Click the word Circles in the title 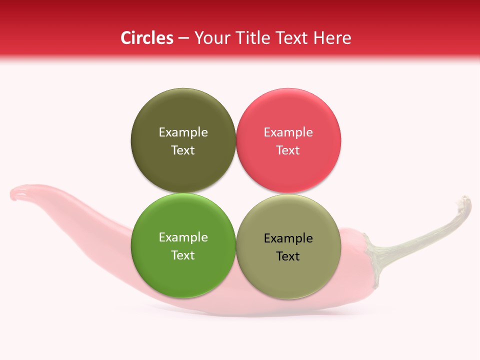[x=146, y=38]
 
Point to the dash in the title [x=183, y=38]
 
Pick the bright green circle [x=183, y=270]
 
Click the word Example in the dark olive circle [x=183, y=132]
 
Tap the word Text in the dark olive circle [x=183, y=150]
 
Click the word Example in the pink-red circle [x=288, y=132]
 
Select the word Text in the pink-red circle [x=288, y=150]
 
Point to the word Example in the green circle [x=183, y=237]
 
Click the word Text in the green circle [x=183, y=255]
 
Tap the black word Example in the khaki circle [x=288, y=238]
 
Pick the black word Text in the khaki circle [x=288, y=256]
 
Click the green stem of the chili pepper [x=425, y=235]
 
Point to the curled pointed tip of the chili [x=17, y=192]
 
